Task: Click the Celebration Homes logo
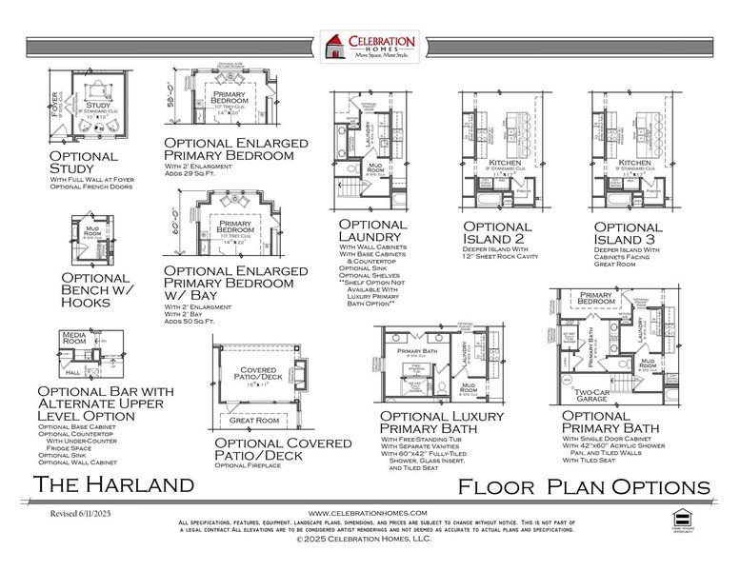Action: (370, 48)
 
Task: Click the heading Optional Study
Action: (83, 163)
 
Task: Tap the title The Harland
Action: (113, 485)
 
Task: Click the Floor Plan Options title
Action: (583, 486)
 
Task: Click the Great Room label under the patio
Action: (252, 420)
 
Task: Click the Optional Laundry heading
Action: (372, 231)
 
